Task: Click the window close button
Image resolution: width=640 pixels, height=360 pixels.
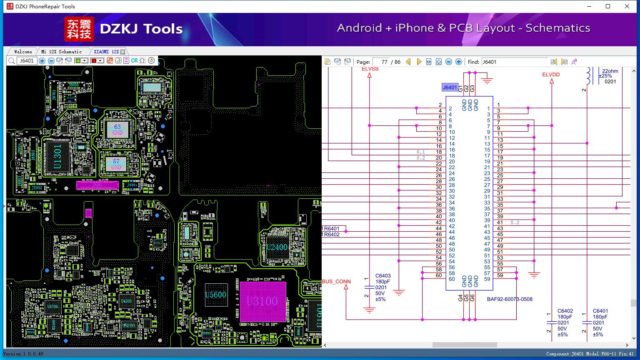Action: (x=627, y=6)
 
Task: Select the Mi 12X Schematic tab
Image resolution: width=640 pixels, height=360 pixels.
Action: (x=61, y=52)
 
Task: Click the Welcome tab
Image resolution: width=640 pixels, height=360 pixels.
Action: (x=23, y=52)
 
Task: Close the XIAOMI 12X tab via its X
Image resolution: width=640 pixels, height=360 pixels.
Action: (x=122, y=52)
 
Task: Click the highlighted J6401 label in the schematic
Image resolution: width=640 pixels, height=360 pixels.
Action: (x=450, y=87)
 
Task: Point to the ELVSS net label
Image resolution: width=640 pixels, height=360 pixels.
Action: (x=370, y=69)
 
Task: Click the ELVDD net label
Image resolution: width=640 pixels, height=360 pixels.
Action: (x=551, y=75)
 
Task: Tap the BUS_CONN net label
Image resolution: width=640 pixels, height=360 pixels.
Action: (x=337, y=282)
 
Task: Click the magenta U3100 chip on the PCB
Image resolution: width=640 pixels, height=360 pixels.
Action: (x=262, y=301)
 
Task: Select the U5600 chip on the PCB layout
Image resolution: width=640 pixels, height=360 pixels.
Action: (x=216, y=295)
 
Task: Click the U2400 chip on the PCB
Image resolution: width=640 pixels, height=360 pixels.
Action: (x=277, y=247)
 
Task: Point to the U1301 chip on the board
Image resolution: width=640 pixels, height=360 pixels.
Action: (x=58, y=157)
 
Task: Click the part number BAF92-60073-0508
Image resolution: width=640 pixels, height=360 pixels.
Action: (x=510, y=299)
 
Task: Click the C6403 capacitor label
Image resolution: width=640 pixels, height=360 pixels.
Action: (x=383, y=276)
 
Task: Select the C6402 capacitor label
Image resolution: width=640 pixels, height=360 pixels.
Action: (x=565, y=311)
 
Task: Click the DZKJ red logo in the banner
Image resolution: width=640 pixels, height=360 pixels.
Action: (x=79, y=29)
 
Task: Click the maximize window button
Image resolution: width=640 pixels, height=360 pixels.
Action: (x=608, y=6)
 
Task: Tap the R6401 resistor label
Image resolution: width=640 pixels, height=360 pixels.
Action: (x=331, y=229)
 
